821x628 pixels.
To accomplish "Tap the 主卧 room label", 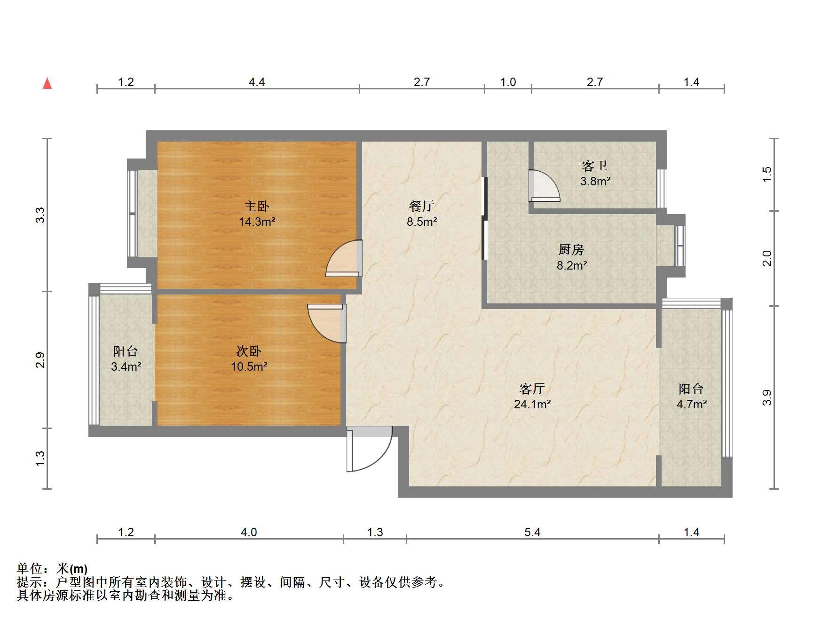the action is (257, 206).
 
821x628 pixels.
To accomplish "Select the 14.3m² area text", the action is (257, 222).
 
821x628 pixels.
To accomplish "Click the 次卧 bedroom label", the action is (248, 351).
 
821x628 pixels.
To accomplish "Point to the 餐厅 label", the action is (421, 206).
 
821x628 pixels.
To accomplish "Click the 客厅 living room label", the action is (532, 389).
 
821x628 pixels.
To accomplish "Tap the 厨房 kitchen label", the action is (571, 250).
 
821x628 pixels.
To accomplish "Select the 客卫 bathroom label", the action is (595, 166).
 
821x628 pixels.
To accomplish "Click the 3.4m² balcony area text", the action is (126, 366).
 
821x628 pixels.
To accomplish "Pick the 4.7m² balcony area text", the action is (692, 404).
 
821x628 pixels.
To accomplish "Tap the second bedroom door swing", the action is (326, 323).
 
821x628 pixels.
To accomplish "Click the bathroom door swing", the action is (545, 185).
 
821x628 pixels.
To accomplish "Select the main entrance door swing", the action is (370, 449).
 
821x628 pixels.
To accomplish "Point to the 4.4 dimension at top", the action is (257, 82).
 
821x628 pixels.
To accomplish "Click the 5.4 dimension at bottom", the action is (532, 532).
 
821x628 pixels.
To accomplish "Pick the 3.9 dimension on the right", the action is (767, 397).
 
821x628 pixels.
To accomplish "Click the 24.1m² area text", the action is (532, 404).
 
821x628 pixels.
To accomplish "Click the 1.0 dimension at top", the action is (508, 82).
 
